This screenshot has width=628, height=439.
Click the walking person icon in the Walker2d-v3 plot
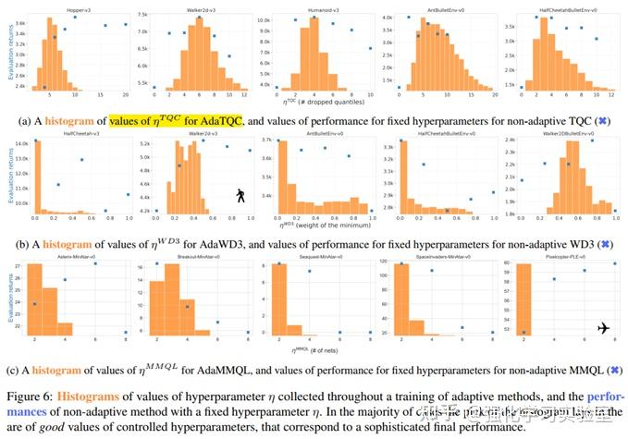pyautogui.click(x=240, y=196)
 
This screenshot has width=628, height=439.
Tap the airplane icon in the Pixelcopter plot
pyautogui.click(x=604, y=328)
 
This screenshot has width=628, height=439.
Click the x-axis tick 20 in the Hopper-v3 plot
pyautogui.click(x=127, y=98)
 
